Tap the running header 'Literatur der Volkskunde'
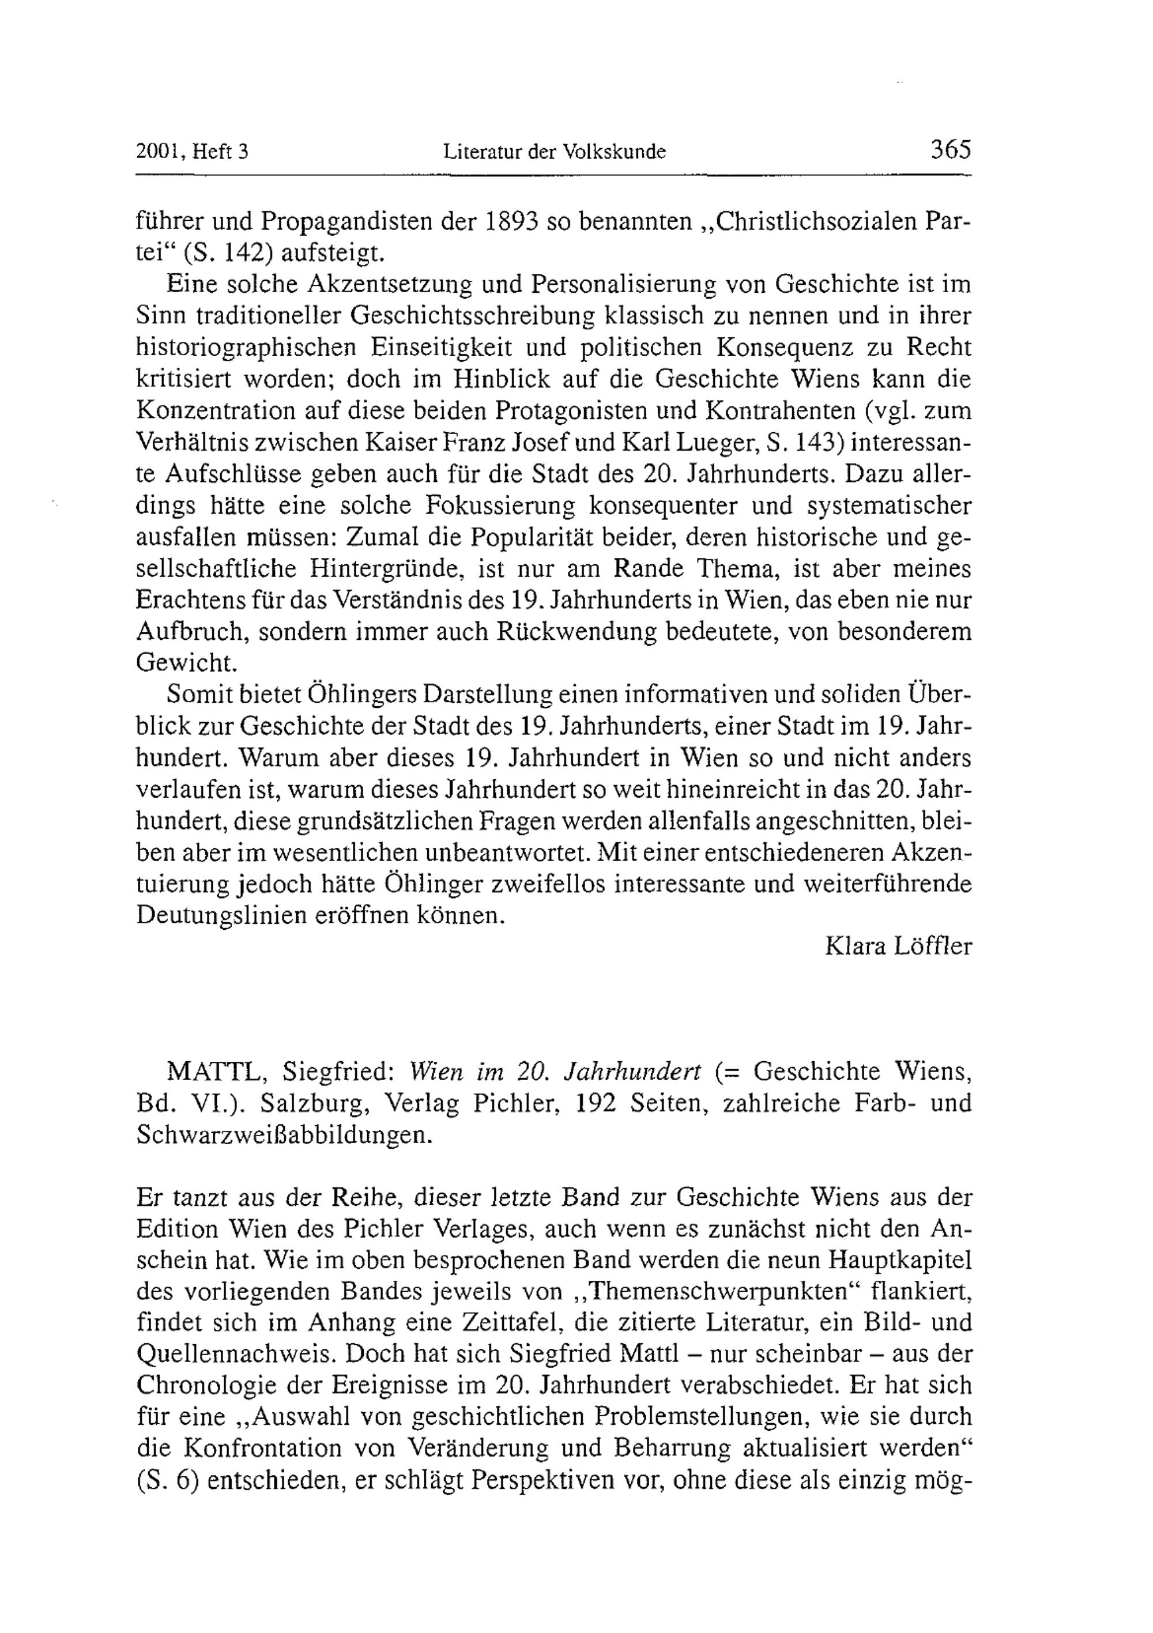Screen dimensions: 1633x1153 (554, 152)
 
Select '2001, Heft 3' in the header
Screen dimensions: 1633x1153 (191, 152)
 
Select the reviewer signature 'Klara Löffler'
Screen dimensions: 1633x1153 (898, 946)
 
